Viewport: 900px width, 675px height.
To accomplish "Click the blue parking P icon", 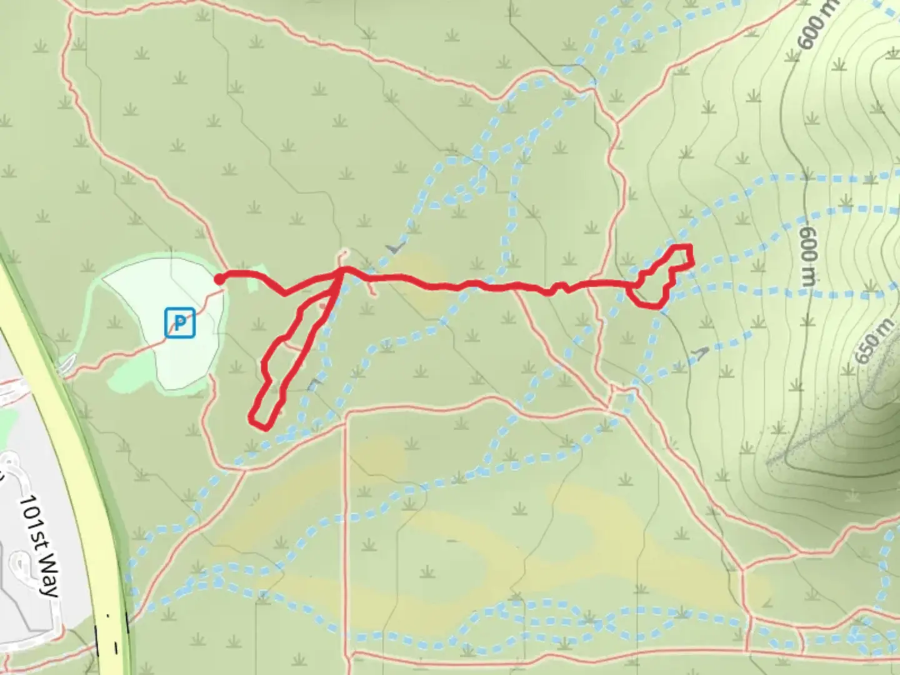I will (180, 323).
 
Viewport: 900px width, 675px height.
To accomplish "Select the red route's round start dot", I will (219, 279).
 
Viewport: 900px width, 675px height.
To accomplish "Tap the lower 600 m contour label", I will (808, 256).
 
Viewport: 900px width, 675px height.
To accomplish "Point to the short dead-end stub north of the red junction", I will (342, 257).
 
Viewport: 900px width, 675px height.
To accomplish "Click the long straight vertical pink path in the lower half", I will (346, 531).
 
